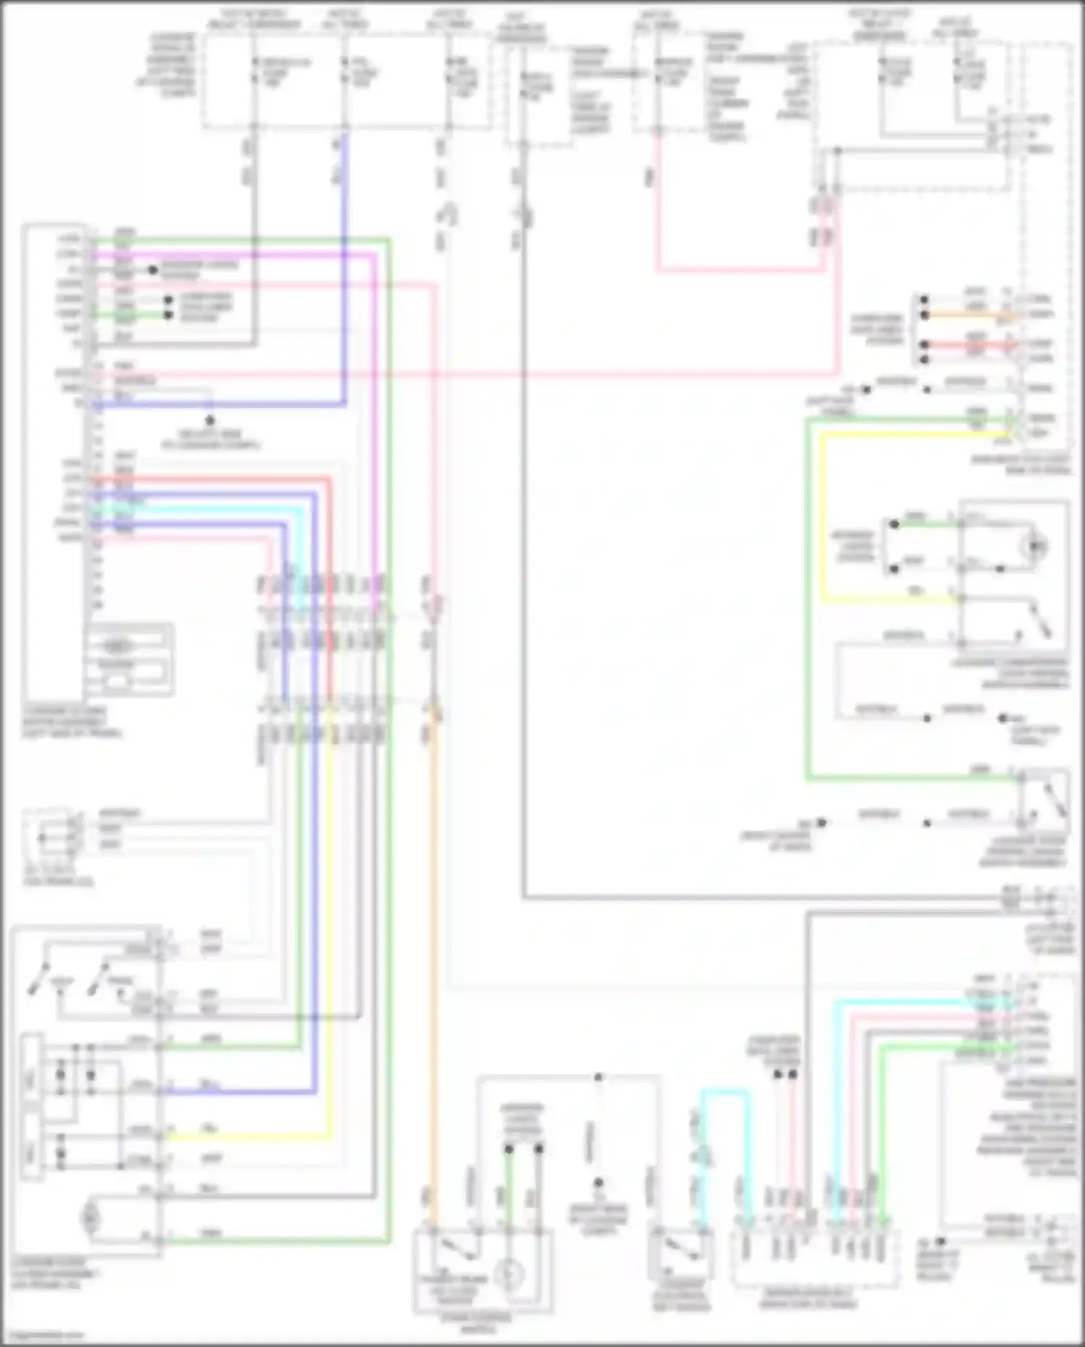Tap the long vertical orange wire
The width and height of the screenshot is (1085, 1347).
pyautogui.click(x=434, y=941)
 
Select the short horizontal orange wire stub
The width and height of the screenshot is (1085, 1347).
pyautogui.click(x=969, y=315)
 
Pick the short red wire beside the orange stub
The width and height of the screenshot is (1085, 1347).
pyautogui.click(x=969, y=345)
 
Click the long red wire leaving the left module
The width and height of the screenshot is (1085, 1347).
pyautogui.click(x=330, y=579)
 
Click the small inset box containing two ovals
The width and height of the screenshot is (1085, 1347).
pyautogui.click(x=129, y=659)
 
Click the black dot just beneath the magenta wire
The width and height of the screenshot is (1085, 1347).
pyautogui.click(x=153, y=271)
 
